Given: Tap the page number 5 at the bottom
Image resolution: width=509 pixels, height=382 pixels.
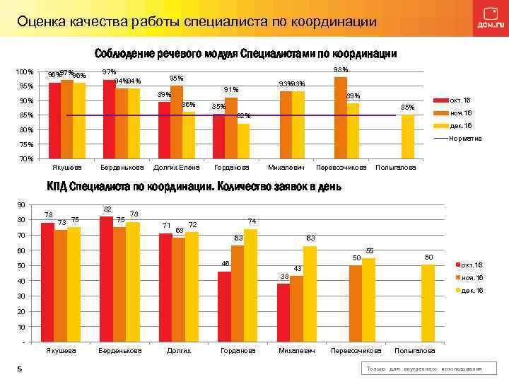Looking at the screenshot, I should (20, 369).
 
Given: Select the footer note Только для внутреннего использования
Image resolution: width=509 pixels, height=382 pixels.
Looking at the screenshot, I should (423, 369).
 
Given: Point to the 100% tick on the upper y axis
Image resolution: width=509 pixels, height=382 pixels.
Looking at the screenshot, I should (25, 72).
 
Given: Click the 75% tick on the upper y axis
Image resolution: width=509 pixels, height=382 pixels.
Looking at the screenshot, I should (26, 144).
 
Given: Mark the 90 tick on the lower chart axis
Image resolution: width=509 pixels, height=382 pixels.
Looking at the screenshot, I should (21, 205).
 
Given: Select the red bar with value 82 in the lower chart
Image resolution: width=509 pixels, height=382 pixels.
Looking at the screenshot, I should (106, 279).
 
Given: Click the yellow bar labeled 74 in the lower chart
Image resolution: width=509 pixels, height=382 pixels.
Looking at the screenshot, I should (250, 286).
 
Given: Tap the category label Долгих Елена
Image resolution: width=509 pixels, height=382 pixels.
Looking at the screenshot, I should (177, 168).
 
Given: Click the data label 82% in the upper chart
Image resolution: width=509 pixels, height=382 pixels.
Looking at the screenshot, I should (243, 115).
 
